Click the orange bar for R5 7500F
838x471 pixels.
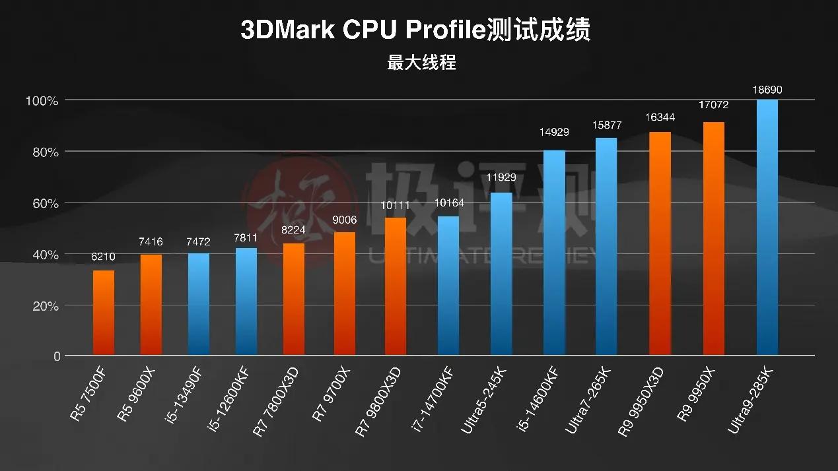(x=103, y=313)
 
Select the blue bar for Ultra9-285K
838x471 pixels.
(x=767, y=228)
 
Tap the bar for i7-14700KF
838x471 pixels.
(x=448, y=286)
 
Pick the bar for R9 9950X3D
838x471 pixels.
(x=660, y=243)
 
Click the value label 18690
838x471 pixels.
(x=767, y=90)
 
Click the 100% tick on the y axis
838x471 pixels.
(x=42, y=101)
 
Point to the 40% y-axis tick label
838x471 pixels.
(x=42, y=255)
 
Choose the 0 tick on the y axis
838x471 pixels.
(x=56, y=356)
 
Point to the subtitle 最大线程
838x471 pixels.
(x=421, y=64)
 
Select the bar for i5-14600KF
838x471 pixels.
(x=554, y=253)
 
